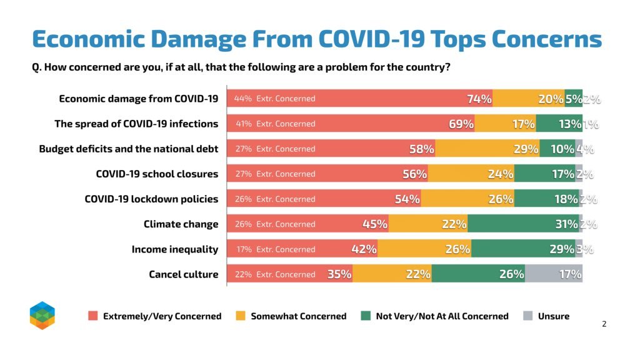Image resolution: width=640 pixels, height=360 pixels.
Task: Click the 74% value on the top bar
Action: click(x=479, y=99)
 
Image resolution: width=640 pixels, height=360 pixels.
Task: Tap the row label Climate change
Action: click(x=181, y=224)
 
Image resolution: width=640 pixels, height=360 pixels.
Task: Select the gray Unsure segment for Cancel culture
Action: click(x=554, y=274)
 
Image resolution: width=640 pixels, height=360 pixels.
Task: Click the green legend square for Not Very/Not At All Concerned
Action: click(x=366, y=316)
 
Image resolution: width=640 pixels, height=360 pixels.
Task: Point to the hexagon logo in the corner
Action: click(x=42, y=315)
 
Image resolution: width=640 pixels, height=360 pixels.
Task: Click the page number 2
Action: click(x=604, y=324)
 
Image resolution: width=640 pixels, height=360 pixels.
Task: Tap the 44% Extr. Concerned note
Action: click(x=274, y=99)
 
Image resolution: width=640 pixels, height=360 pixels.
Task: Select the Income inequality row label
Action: click(x=174, y=249)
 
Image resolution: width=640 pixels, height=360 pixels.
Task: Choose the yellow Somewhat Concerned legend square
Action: click(x=241, y=316)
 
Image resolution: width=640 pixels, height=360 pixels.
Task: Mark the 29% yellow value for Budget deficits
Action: click(x=526, y=149)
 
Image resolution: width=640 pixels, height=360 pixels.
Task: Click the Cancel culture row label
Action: click(x=183, y=274)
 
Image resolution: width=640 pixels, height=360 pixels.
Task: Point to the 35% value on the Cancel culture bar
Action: click(x=339, y=274)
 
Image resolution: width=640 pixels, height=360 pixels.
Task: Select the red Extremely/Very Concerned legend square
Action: click(x=92, y=316)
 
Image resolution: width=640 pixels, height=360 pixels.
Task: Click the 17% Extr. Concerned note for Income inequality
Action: click(x=274, y=249)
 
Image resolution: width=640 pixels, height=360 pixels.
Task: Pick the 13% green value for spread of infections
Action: click(x=569, y=124)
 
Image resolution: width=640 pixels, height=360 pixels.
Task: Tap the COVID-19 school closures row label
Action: click(x=157, y=174)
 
